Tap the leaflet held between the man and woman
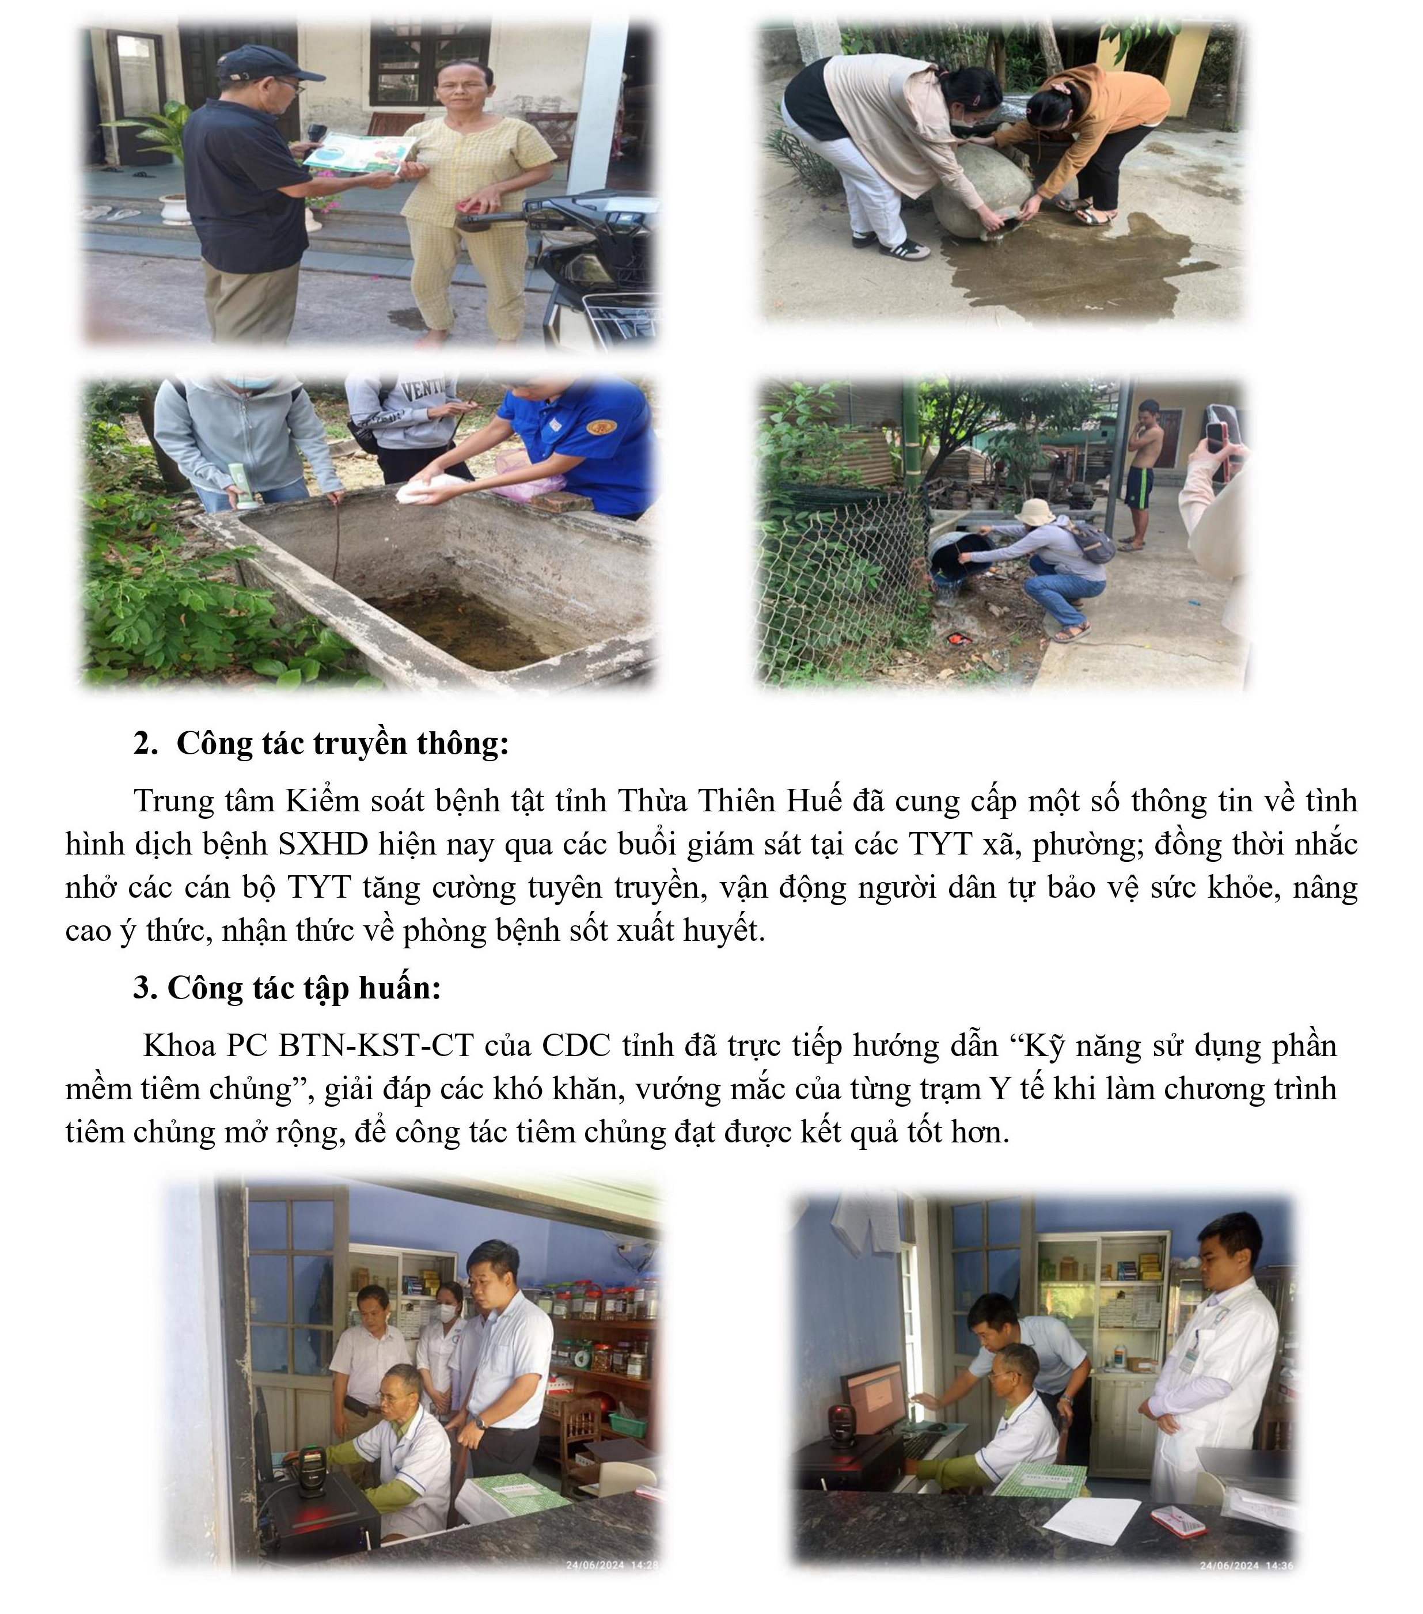tap(360, 151)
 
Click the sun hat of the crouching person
tap(1034, 512)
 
